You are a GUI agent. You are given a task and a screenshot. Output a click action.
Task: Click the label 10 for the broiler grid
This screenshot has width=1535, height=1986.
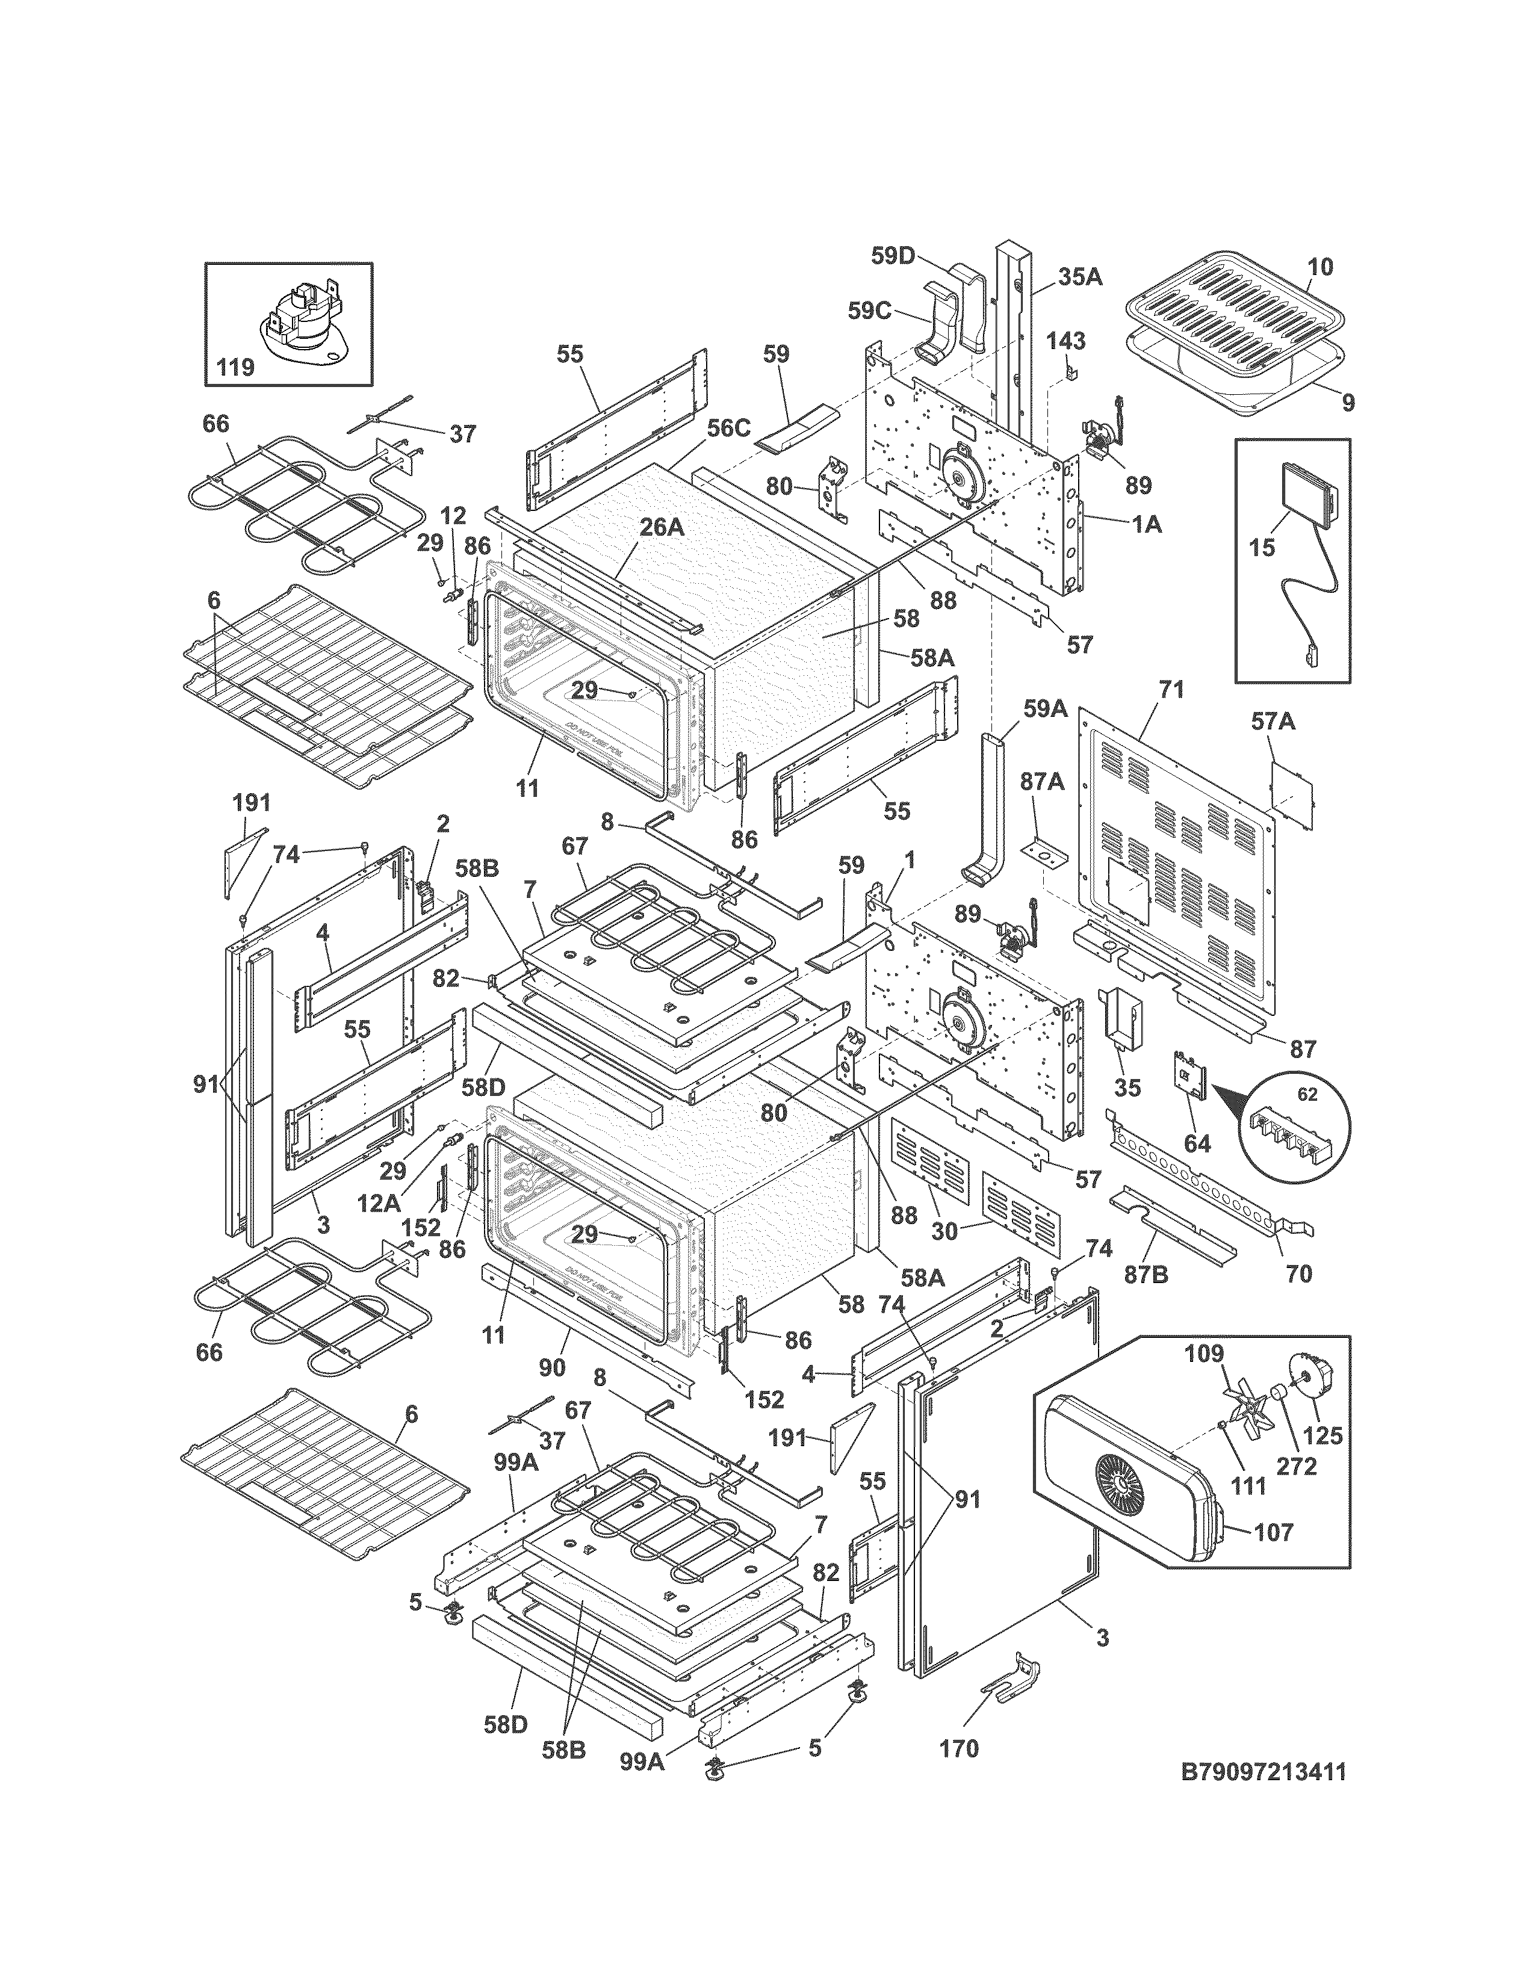click(x=1320, y=267)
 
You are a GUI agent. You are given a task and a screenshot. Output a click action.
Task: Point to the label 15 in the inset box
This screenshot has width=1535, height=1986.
click(x=1262, y=548)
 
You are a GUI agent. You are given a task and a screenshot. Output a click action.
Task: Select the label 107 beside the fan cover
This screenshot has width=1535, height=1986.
click(x=1273, y=1532)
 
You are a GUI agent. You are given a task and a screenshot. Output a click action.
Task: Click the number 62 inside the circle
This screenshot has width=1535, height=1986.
click(x=1307, y=1095)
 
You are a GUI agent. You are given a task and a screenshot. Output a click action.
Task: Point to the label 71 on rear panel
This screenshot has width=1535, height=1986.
click(x=1171, y=690)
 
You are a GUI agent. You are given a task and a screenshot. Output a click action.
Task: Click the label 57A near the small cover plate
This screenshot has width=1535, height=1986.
click(x=1273, y=722)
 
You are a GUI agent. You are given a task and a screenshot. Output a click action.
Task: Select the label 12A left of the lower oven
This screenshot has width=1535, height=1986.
click(x=378, y=1203)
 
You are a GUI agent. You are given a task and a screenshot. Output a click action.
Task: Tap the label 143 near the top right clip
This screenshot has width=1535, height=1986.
click(x=1065, y=341)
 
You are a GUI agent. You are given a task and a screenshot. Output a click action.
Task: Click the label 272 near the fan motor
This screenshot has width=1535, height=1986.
click(x=1297, y=1466)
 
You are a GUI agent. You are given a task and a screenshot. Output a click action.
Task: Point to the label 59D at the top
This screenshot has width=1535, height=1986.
click(x=892, y=256)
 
